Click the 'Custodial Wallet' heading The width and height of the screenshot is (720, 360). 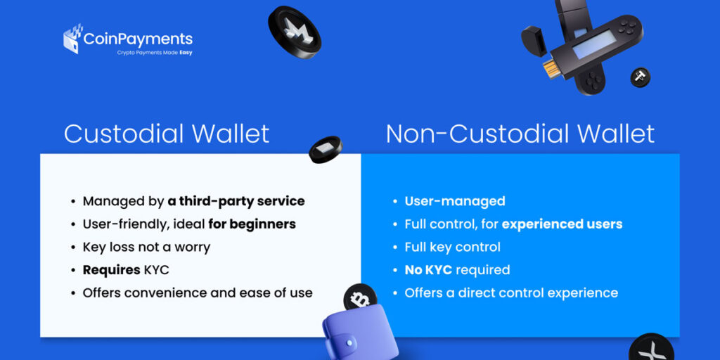click(167, 134)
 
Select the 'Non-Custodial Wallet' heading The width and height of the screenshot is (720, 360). click(520, 134)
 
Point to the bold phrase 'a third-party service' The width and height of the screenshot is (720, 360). click(236, 201)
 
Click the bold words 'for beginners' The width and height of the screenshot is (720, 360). click(252, 224)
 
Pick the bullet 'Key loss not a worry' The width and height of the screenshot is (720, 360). click(146, 247)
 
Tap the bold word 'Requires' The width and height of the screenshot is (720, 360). click(111, 270)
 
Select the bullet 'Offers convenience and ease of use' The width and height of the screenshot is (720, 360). click(198, 292)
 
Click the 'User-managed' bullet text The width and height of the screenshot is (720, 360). click(455, 201)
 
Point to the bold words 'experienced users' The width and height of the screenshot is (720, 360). click(562, 224)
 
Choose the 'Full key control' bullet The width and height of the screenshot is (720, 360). click(453, 247)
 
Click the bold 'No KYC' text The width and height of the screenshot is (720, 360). click(428, 270)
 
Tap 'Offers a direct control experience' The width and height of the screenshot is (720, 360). click(511, 292)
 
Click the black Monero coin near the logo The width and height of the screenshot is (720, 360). click(294, 32)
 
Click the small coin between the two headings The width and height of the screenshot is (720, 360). click(326, 149)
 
